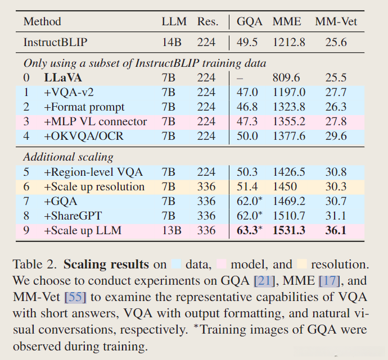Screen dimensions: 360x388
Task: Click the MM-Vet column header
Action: pos(337,22)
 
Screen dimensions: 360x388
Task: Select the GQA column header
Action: pos(249,22)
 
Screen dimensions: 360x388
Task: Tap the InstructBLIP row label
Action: pos(56,42)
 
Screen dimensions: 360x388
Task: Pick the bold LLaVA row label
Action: pos(64,78)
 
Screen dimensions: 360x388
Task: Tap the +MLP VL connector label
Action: pos(95,122)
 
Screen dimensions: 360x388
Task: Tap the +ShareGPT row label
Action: pos(73,216)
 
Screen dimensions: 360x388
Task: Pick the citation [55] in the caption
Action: pos(76,295)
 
